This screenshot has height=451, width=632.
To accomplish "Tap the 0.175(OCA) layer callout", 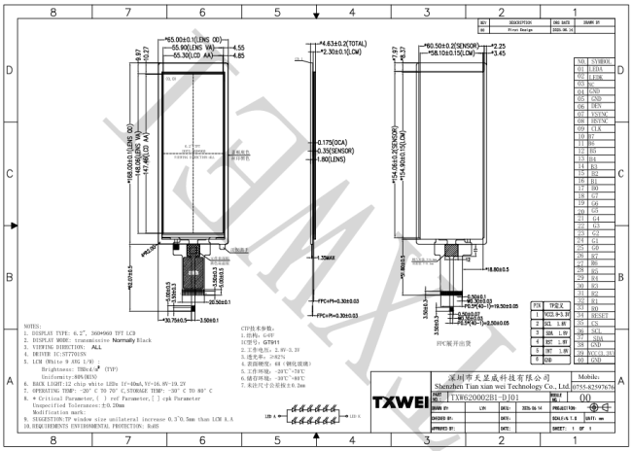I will pos(342,144).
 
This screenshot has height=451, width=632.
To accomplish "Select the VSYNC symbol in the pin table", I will pos(597,113).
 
